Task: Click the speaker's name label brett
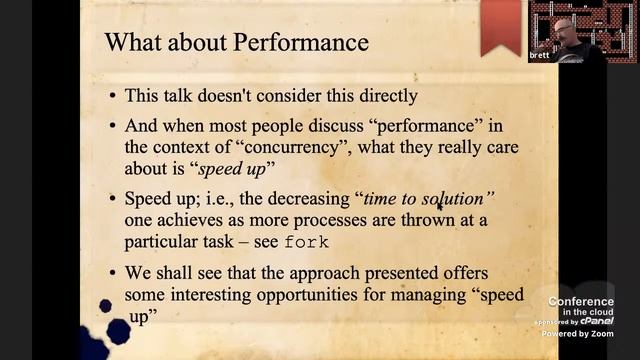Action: (x=538, y=56)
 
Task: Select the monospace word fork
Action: (x=307, y=243)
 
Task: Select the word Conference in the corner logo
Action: (x=580, y=301)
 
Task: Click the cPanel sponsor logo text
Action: (x=597, y=321)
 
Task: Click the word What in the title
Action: (x=130, y=43)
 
